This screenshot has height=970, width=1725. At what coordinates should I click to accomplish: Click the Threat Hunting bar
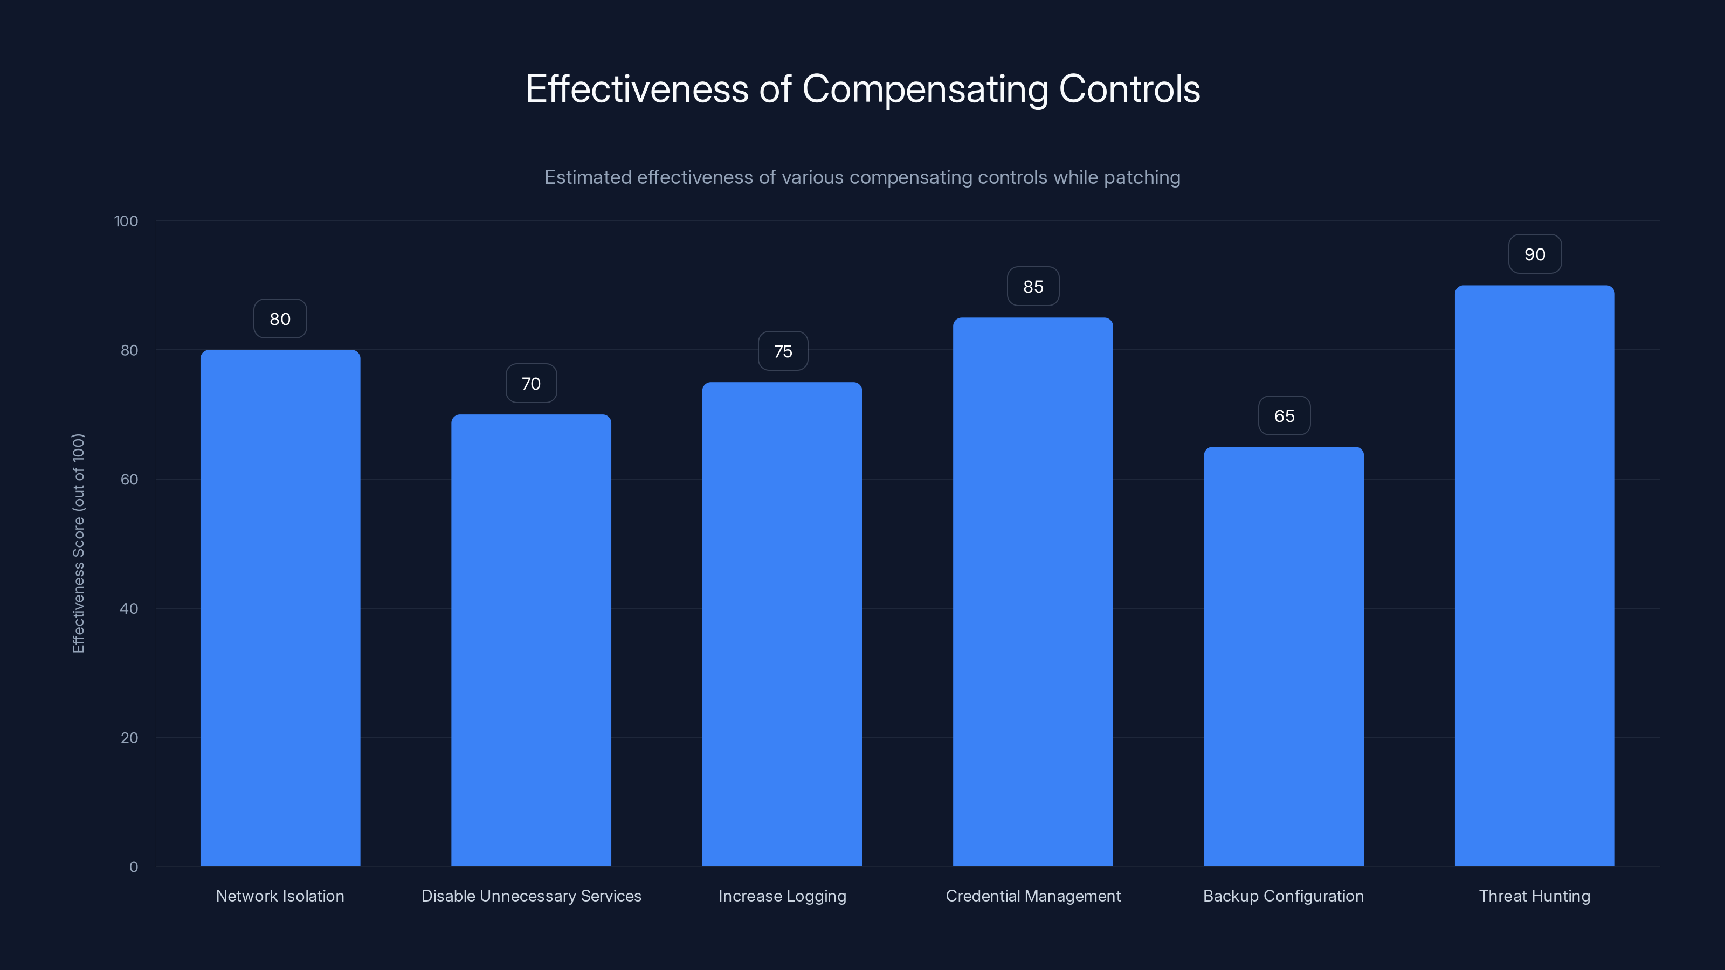pyautogui.click(x=1534, y=576)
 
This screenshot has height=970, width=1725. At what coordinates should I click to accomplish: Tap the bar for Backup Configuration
pyautogui.click(x=1284, y=656)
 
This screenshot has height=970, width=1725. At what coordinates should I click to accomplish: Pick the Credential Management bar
pyautogui.click(x=1033, y=592)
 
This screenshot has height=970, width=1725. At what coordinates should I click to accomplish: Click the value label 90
pyautogui.click(x=1534, y=254)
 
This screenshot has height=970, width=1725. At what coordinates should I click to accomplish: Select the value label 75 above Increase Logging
pyautogui.click(x=782, y=351)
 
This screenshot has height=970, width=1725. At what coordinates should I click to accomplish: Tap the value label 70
pyautogui.click(x=531, y=384)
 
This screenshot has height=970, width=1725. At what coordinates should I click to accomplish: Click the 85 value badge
pyautogui.click(x=1033, y=287)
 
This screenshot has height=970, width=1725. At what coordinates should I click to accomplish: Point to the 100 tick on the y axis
pyautogui.click(x=126, y=221)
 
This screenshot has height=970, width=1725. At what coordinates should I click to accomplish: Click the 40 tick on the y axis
pyautogui.click(x=129, y=608)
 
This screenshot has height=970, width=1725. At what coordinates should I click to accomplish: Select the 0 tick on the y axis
pyautogui.click(x=133, y=867)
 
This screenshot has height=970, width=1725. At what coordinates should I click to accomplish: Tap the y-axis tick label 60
pyautogui.click(x=129, y=479)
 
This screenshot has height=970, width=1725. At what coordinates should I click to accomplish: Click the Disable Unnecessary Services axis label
pyautogui.click(x=531, y=896)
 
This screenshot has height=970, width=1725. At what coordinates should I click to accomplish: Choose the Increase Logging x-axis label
pyautogui.click(x=782, y=896)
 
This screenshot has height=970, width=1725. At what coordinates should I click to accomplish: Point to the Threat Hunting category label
pyautogui.click(x=1534, y=896)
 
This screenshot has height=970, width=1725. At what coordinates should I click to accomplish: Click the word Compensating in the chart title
pyautogui.click(x=924, y=89)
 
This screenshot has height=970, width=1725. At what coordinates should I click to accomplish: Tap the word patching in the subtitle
pyautogui.click(x=1142, y=177)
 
